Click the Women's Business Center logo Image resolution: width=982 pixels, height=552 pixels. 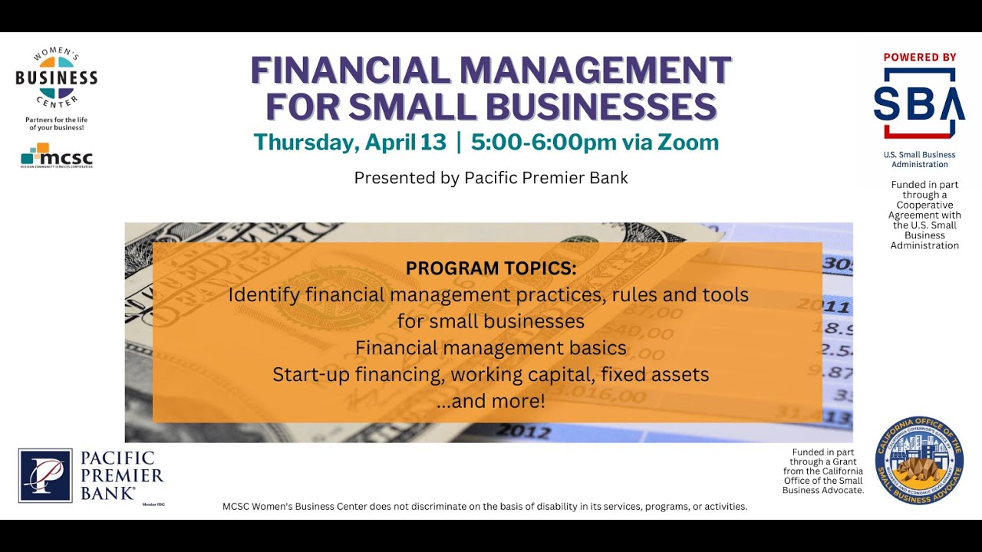tap(56, 78)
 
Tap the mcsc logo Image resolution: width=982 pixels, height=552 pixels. tap(57, 156)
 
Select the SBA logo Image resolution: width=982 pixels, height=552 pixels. tap(919, 103)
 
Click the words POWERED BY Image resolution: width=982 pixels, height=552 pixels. tap(920, 58)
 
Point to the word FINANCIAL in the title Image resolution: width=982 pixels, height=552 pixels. tap(351, 71)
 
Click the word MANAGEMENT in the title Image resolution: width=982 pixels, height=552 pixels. tap(595, 71)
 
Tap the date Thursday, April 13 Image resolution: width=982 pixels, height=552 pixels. tap(350, 143)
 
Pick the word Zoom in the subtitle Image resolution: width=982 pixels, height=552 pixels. tap(694, 143)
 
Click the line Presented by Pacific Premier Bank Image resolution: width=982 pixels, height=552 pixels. tap(491, 178)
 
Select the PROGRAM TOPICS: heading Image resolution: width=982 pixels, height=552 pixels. tap(491, 268)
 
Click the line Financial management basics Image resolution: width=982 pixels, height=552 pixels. tap(491, 348)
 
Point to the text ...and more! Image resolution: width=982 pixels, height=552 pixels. tap(491, 401)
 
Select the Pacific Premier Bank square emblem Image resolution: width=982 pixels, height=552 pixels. tap(45, 475)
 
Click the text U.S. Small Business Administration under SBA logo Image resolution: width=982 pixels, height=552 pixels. tap(919, 159)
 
